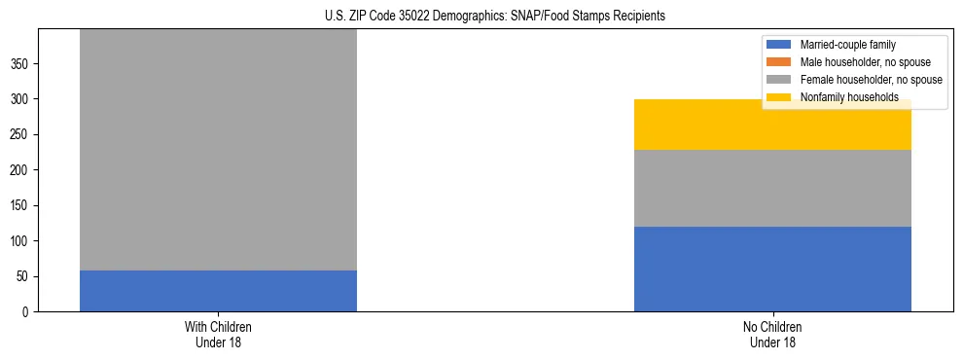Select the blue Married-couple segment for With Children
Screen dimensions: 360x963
[x=218, y=291]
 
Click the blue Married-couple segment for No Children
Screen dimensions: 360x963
[x=772, y=269]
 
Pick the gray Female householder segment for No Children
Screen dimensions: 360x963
[x=772, y=188]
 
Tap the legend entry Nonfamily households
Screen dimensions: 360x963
[x=842, y=97]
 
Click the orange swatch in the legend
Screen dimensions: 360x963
[x=780, y=62]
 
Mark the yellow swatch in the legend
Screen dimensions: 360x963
[x=780, y=97]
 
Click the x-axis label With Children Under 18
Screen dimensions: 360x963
[x=218, y=334]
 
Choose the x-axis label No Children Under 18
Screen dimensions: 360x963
[x=772, y=334]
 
